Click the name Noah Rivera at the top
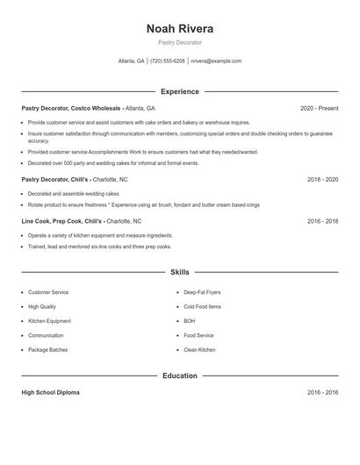(180, 28)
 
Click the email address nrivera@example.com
(216, 61)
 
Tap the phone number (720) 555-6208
(167, 61)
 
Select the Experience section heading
(180, 91)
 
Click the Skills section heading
(180, 272)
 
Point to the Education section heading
(180, 376)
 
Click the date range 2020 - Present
(319, 108)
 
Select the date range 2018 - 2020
(323, 179)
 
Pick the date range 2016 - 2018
(323, 221)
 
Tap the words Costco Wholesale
(96, 108)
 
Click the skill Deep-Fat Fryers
(203, 292)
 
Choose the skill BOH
(190, 321)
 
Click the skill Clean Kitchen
(199, 350)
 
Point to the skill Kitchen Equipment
(49, 321)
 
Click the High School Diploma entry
(53, 392)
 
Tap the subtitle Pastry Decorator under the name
(180, 42)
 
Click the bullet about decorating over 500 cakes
(113, 163)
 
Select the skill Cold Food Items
(202, 307)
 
